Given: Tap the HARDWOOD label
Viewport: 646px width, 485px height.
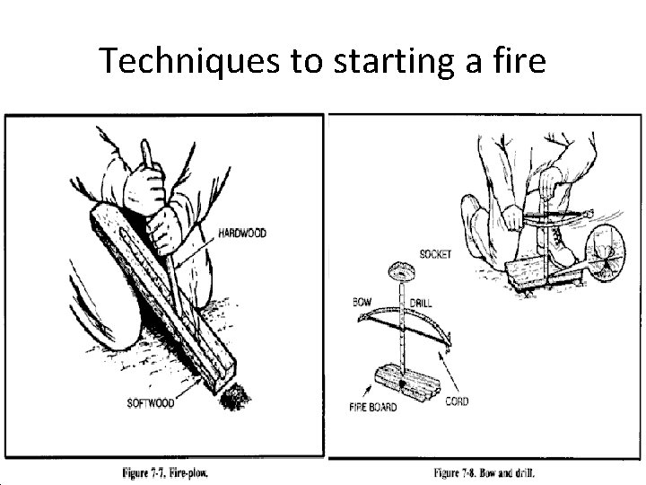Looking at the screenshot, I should point(243,233).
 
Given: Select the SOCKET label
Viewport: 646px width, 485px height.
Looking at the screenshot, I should point(437,255).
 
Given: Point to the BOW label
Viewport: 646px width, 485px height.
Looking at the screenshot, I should point(364,300).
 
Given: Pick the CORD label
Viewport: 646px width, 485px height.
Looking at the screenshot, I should point(457,401).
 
